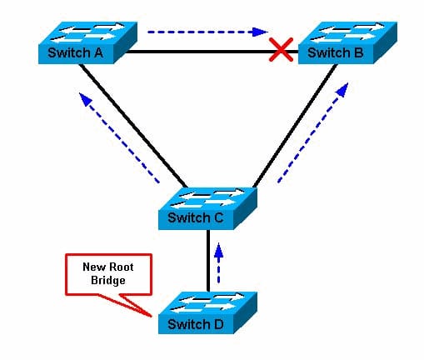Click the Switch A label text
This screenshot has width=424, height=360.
coord(75,52)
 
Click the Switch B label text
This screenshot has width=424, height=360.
coord(335,52)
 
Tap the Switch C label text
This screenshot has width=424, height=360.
coord(195,217)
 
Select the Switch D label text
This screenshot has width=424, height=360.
coord(195,324)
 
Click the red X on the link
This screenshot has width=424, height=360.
coord(281,49)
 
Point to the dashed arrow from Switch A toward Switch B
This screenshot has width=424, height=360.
coord(207,32)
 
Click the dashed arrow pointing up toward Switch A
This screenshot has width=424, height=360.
coord(119,137)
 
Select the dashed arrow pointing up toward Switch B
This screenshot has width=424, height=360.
coord(313,132)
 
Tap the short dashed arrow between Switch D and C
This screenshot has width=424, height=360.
coord(219,262)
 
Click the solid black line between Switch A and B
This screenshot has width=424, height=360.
coord(211,52)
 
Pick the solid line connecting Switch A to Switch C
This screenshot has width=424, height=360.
coord(133,126)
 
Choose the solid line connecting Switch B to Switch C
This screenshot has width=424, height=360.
coord(295,126)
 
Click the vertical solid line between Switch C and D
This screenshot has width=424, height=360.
coord(208,261)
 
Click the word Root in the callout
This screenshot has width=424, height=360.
coord(122,267)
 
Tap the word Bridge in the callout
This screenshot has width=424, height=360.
coord(108,280)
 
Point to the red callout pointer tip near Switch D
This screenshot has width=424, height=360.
coord(152,316)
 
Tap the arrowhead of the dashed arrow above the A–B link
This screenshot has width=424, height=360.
coord(260,32)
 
